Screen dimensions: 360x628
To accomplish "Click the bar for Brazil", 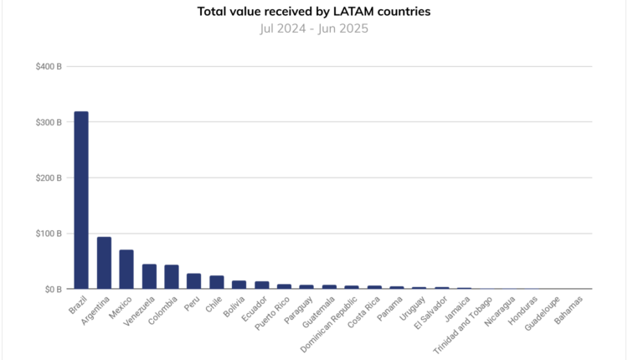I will (x=81, y=201).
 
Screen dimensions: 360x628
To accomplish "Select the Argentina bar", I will (x=104, y=263).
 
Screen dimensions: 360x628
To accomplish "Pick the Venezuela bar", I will (x=149, y=277).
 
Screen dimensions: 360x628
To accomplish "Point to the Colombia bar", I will (x=172, y=277).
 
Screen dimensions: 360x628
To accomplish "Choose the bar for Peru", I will (x=193, y=281).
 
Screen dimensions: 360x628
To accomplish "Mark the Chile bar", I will (x=216, y=282).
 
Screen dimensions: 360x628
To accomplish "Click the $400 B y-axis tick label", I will (x=49, y=66).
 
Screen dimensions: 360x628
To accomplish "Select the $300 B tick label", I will (x=49, y=122).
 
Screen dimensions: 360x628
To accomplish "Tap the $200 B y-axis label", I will (x=49, y=177).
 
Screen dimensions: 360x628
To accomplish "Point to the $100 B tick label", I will (x=49, y=234).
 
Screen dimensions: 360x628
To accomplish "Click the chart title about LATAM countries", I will (x=314, y=12).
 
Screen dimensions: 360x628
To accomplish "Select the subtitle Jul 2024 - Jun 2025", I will (x=314, y=28).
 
